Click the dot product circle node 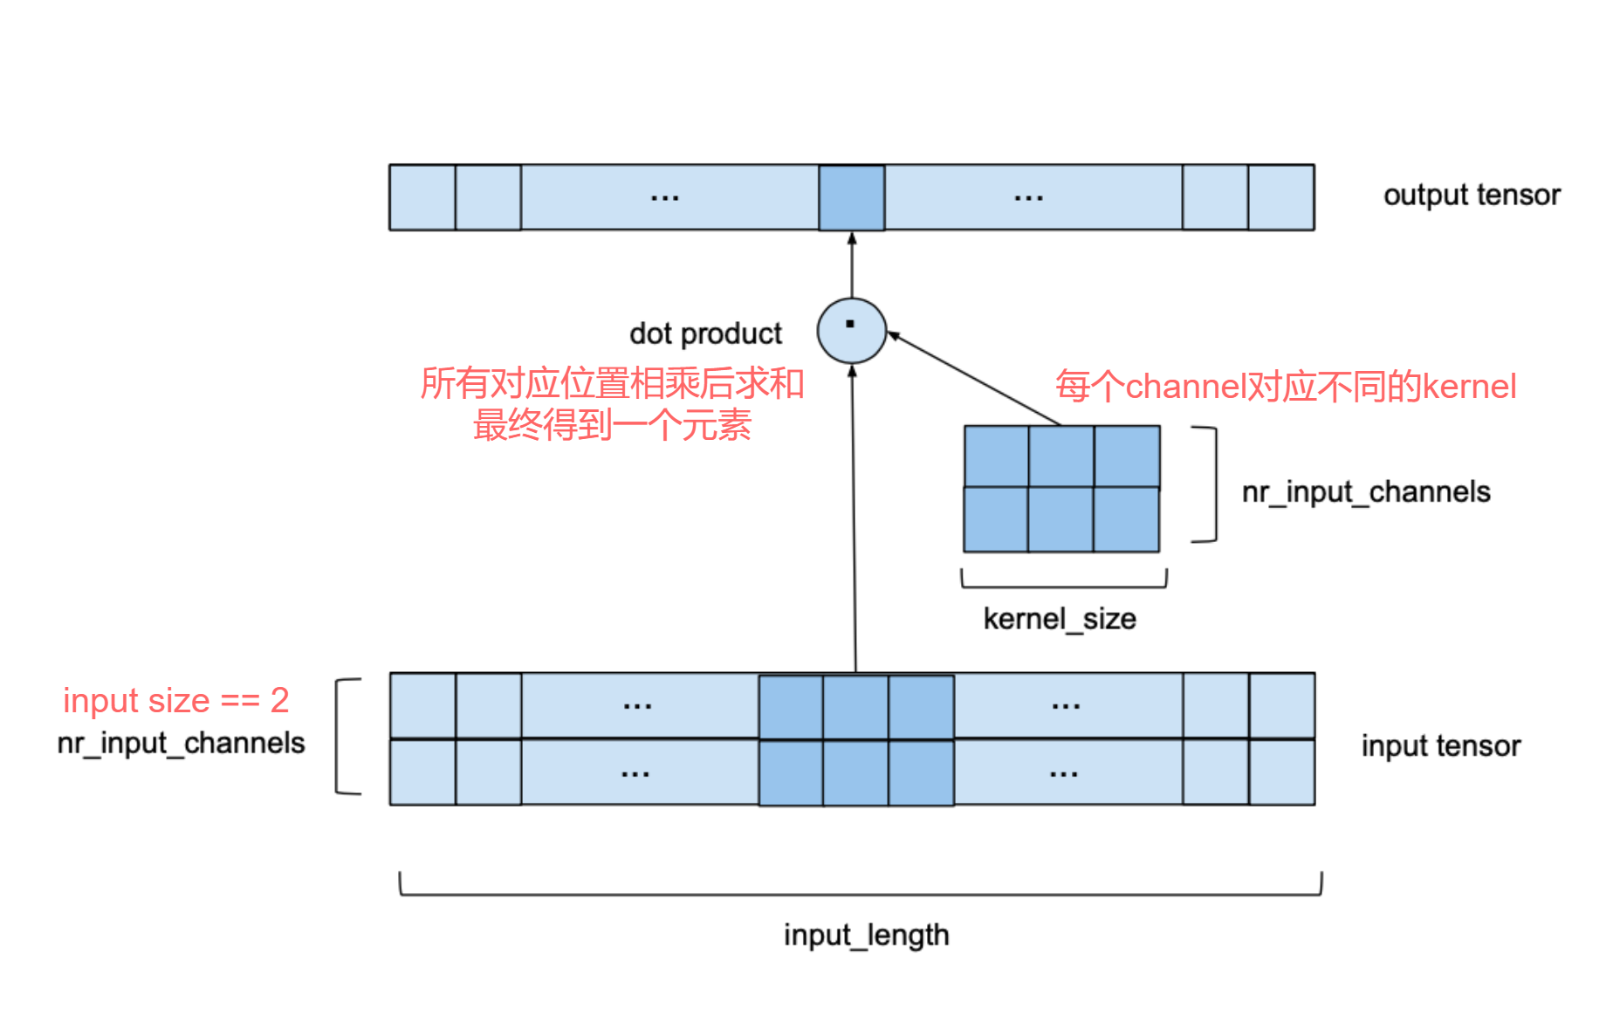[x=851, y=331]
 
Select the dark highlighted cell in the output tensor [x=851, y=197]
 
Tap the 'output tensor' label [x=1472, y=195]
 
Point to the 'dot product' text [x=705, y=333]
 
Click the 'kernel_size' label [x=1060, y=619]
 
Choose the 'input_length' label [x=866, y=935]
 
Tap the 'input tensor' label [x=1440, y=745]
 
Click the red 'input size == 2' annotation [x=175, y=700]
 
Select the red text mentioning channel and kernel [x=1286, y=386]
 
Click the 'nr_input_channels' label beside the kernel [x=1366, y=492]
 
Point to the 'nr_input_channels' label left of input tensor [x=181, y=743]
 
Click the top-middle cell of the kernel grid [x=1061, y=457]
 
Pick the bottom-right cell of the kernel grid [x=1127, y=520]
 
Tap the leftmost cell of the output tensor [x=422, y=197]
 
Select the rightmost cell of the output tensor [x=1281, y=197]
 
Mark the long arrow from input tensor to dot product [x=854, y=524]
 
